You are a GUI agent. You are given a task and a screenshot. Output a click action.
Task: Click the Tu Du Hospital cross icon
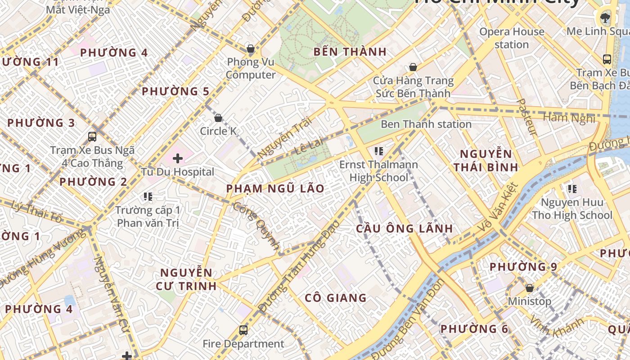pos(178,158)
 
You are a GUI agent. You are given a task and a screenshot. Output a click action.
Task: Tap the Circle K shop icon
pos(218,118)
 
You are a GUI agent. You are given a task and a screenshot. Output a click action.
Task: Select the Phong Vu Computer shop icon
pos(251,49)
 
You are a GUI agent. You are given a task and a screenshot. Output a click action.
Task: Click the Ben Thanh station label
pos(426,124)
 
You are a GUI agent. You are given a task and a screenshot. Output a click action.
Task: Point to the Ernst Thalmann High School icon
pos(378,151)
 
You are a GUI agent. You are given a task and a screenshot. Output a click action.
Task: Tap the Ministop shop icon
pos(530,288)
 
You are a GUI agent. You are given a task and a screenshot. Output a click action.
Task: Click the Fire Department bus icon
pos(243,330)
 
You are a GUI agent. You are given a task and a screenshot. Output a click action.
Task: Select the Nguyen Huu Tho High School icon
pos(572,189)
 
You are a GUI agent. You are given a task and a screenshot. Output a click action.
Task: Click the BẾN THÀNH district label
pos(350,52)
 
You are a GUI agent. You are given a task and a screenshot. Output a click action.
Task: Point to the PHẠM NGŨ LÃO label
pos(275,189)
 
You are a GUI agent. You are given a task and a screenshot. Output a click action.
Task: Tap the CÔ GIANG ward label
pos(336,298)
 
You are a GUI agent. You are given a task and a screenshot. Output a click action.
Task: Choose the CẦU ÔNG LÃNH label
pos(405,228)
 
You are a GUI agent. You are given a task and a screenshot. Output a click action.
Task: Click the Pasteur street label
pos(527,117)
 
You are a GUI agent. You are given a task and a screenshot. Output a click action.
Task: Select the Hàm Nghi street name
pos(569,118)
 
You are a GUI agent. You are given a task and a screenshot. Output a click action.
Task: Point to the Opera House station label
pos(512,38)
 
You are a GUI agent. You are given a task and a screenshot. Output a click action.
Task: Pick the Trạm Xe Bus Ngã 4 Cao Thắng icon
pos(92,136)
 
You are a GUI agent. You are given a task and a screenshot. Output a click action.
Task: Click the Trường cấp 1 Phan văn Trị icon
pos(148,196)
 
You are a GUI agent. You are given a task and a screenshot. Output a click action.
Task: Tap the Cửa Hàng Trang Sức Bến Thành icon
pos(413,67)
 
